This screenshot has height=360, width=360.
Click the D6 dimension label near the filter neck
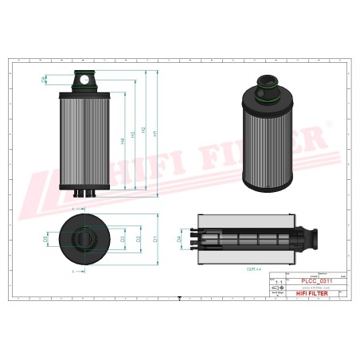(x=45, y=79)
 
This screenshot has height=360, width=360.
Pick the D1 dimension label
(x=155, y=238)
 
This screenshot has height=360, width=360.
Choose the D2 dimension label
(x=139, y=238)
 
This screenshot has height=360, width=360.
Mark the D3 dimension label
(x=122, y=238)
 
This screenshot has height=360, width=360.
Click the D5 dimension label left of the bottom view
(x=45, y=238)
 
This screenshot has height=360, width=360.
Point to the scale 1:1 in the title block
(x=277, y=282)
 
